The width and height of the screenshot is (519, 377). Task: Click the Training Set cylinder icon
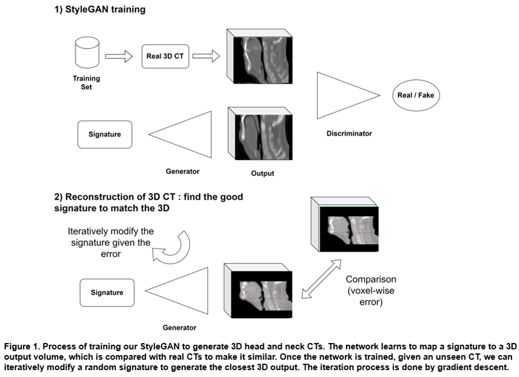pyautogui.click(x=87, y=52)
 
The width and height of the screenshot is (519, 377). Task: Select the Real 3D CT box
pyautogui.click(x=165, y=56)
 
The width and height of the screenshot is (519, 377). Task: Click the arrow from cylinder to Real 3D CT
pyautogui.click(x=119, y=56)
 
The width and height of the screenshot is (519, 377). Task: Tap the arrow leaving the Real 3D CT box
pyautogui.click(x=206, y=56)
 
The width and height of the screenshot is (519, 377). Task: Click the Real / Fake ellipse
pyautogui.click(x=416, y=95)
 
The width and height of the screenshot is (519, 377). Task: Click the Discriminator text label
pyautogui.click(x=349, y=134)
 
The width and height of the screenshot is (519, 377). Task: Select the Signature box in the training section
pyautogui.click(x=105, y=134)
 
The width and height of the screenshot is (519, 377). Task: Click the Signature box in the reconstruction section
pyautogui.click(x=107, y=292)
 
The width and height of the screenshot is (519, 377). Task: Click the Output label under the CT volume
pyautogui.click(x=263, y=173)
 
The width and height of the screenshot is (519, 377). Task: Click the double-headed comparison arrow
pyautogui.click(x=321, y=279)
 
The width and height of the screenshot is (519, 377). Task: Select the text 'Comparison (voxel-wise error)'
pyautogui.click(x=371, y=291)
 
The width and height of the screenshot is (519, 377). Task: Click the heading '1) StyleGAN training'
pyautogui.click(x=100, y=9)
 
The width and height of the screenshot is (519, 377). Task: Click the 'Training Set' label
pyautogui.click(x=86, y=82)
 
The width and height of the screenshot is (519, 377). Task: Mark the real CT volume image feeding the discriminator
pyautogui.click(x=260, y=56)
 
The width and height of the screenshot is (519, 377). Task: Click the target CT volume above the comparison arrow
pyautogui.click(x=345, y=224)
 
